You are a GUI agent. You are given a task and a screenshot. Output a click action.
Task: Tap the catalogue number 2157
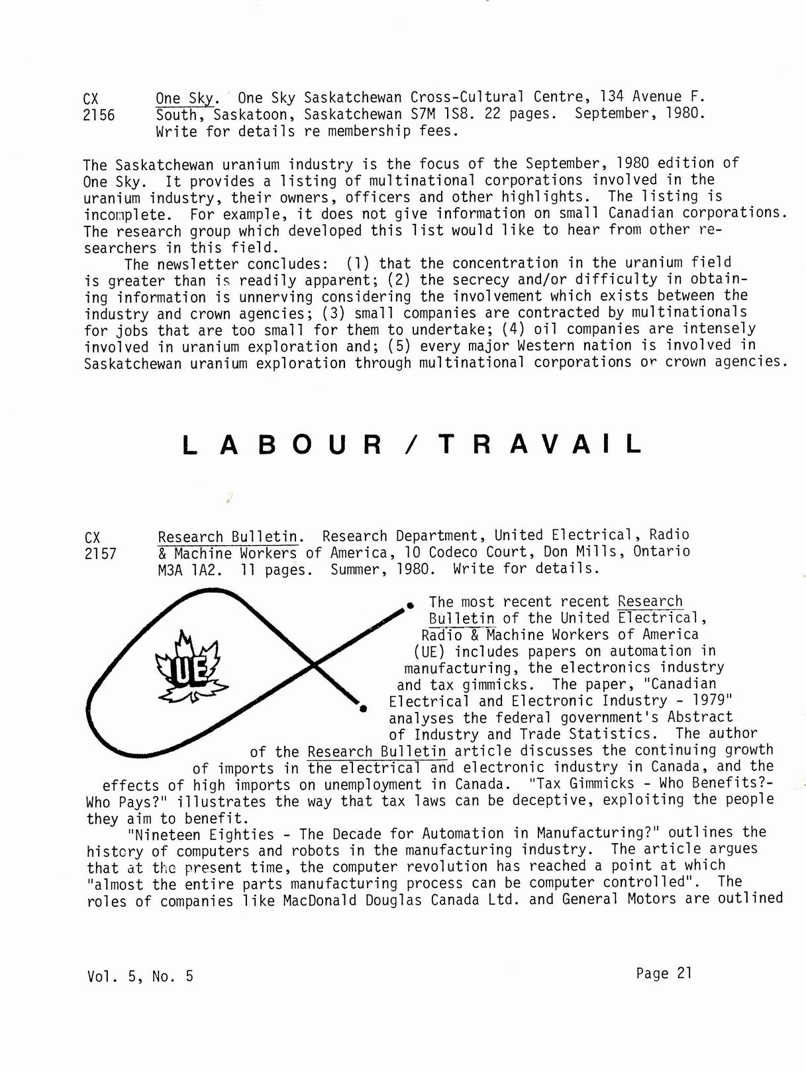tap(100, 554)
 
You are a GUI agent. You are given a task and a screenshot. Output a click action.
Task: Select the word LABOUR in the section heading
tap(282, 444)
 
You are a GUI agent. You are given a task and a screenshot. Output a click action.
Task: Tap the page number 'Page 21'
tap(664, 972)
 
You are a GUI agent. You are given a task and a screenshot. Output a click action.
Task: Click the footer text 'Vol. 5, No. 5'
tap(140, 976)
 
